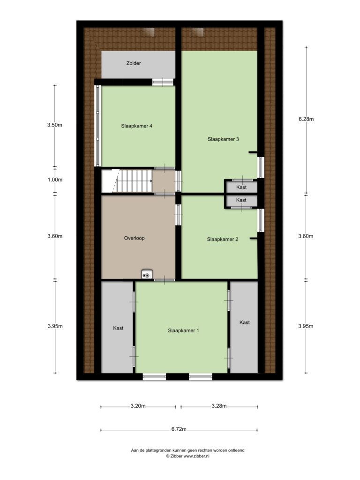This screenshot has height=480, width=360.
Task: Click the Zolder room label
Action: tap(134, 63)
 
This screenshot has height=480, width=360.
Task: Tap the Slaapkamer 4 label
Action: tap(136, 126)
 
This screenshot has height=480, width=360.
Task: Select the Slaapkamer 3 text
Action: tap(223, 139)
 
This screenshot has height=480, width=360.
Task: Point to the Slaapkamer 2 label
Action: tap(223, 240)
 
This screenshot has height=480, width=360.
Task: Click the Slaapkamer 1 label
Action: tap(183, 330)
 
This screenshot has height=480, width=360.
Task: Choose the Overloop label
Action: tap(134, 238)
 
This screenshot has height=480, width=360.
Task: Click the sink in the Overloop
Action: tap(147, 274)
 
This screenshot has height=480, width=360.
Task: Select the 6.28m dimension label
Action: tap(306, 119)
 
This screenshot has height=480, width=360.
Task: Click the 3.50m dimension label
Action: tap(55, 125)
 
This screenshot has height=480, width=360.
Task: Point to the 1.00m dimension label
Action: tap(55, 180)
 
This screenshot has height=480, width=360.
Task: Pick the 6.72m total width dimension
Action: tap(179, 429)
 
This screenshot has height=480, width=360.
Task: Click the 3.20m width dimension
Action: tap(138, 406)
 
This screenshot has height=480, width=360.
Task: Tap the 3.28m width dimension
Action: tap(219, 406)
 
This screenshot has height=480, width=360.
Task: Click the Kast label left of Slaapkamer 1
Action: tap(118, 328)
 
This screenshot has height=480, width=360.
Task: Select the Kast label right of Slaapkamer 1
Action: tap(245, 322)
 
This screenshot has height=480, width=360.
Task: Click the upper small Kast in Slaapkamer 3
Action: tap(241, 187)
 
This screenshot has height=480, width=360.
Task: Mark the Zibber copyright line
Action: tap(187, 456)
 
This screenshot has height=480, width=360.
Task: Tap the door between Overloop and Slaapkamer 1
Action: tap(165, 280)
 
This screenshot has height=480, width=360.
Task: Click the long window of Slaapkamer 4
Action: tap(97, 126)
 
